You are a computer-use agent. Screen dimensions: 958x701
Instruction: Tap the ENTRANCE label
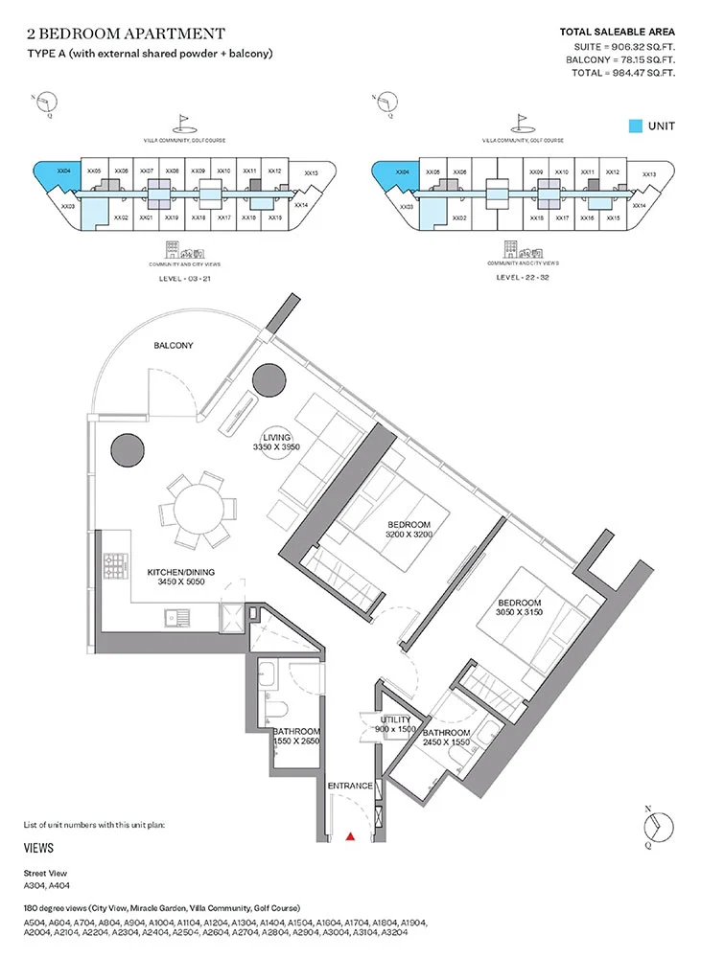350,786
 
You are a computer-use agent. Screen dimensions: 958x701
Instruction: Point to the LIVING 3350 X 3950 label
277,443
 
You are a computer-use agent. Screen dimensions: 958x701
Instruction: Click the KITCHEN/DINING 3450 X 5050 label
180,578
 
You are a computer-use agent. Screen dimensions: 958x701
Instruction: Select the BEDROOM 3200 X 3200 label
409,530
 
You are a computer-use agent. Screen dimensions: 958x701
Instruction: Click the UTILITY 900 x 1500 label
393,724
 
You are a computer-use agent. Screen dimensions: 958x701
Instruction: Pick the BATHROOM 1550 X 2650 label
296,737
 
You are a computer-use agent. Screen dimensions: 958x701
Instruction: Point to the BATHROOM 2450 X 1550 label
446,738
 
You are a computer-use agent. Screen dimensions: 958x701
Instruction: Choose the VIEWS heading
38,848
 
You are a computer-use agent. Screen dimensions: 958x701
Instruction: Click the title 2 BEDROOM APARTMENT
126,34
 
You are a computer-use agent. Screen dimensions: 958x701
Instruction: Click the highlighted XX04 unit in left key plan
59,175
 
